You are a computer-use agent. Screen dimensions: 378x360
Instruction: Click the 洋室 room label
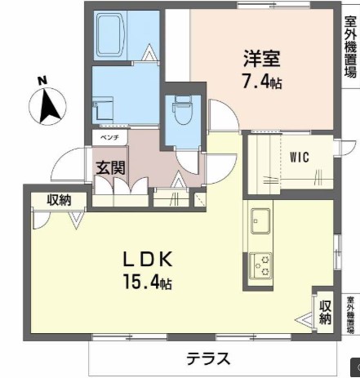pos(261,59)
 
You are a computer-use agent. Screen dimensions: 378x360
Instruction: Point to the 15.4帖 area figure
pos(148,283)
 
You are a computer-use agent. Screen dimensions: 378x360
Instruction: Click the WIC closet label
pos(298,158)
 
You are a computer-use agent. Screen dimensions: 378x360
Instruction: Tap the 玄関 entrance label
pos(110,168)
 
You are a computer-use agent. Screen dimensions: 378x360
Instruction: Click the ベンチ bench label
pos(109,138)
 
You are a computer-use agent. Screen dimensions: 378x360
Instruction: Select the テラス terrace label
pos(207,358)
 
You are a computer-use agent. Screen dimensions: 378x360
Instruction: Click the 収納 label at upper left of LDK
pos(58,199)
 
